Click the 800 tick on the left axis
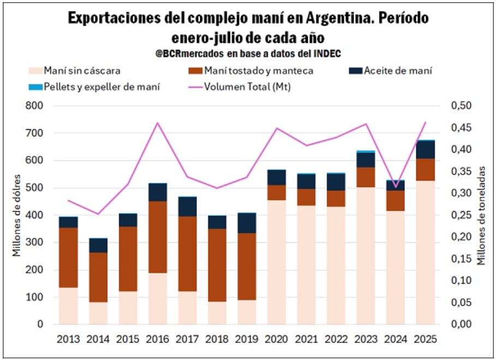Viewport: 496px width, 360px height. coord(34,106)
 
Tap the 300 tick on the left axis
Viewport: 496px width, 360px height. coord(34,243)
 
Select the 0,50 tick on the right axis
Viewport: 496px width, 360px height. coord(461,106)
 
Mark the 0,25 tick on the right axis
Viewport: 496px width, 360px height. coord(461,215)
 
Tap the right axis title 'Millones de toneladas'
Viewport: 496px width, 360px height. coord(481,215)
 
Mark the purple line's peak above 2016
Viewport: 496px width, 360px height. coord(158,123)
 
